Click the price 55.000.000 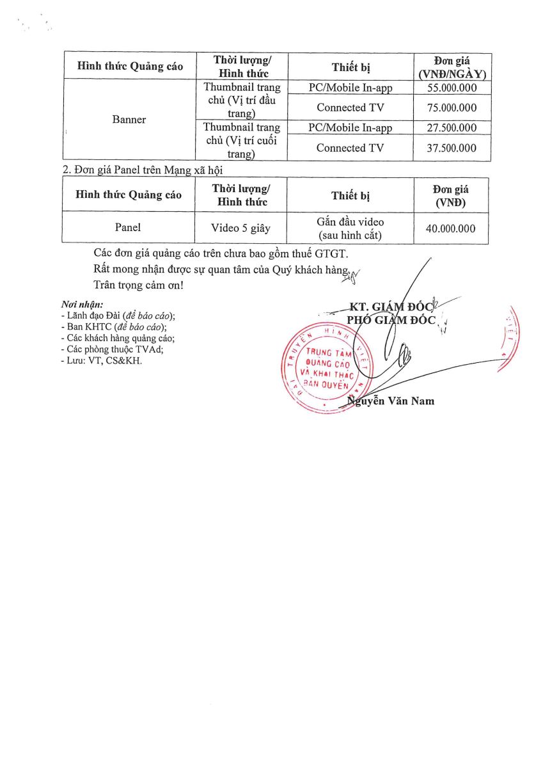pyautogui.click(x=452, y=88)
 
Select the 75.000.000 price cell pyautogui.click(x=452, y=108)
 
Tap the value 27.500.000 pyautogui.click(x=452, y=128)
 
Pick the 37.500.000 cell pyautogui.click(x=452, y=148)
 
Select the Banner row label pyautogui.click(x=129, y=120)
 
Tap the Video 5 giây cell pyautogui.click(x=241, y=228)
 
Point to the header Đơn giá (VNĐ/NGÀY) pyautogui.click(x=452, y=67)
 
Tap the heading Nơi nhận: pyautogui.click(x=82, y=304)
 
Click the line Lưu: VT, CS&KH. pyautogui.click(x=100, y=360)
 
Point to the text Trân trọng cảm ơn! pyautogui.click(x=138, y=284)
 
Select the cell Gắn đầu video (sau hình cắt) pyautogui.click(x=350, y=228)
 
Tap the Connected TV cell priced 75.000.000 pyautogui.click(x=350, y=108)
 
